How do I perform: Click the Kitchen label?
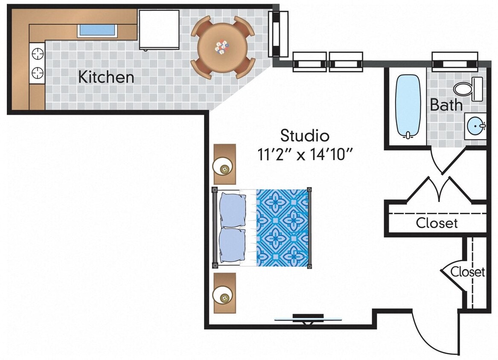[106, 77]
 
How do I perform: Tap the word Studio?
[305, 136]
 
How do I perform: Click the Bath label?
[446, 105]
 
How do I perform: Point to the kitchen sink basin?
[97, 30]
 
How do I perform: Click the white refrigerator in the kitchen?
[159, 29]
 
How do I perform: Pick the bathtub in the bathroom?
[408, 106]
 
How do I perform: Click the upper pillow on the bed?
[233, 209]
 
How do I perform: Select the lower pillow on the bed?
[233, 246]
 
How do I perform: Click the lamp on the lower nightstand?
[224, 296]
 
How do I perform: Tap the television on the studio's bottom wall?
[308, 318]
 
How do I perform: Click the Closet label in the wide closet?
[437, 223]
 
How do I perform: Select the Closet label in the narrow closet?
[468, 272]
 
